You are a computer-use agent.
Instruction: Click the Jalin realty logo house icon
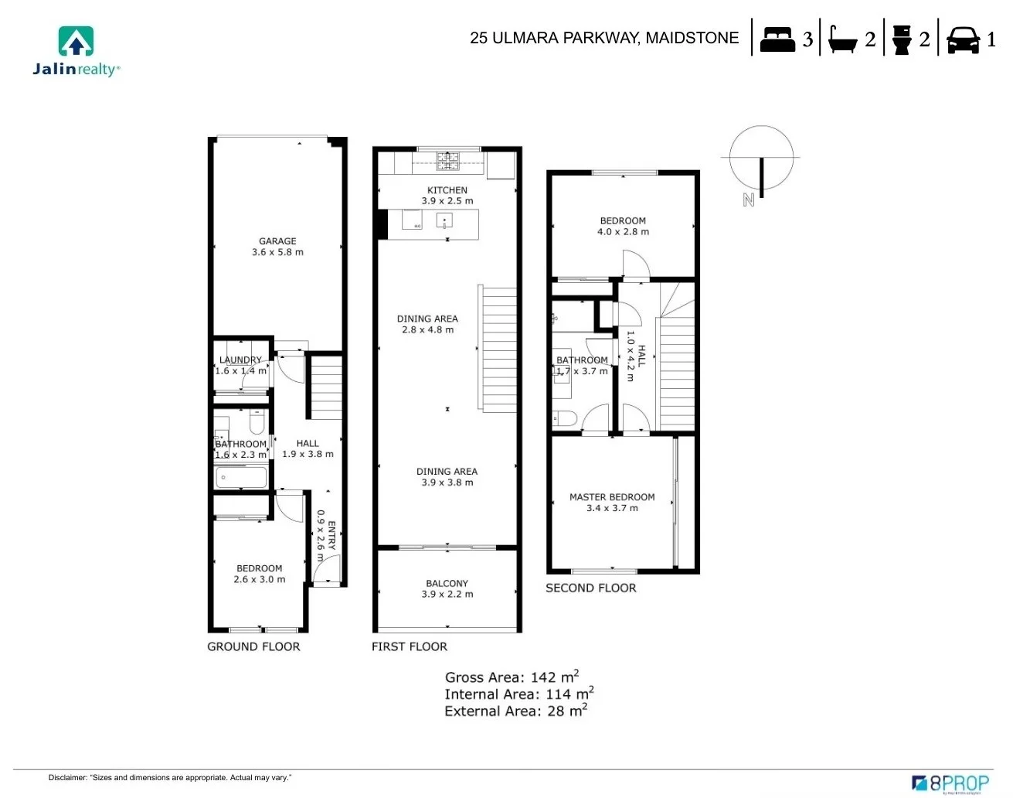point(76,42)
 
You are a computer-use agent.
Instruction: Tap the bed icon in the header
point(777,39)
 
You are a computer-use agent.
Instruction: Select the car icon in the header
point(963,39)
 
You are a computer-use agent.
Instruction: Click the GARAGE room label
point(277,241)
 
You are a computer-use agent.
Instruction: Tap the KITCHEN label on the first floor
point(447,190)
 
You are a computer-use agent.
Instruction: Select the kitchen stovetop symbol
point(447,161)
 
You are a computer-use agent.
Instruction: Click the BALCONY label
point(447,584)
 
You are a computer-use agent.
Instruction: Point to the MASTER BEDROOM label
point(612,497)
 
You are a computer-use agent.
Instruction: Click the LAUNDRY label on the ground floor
point(240,360)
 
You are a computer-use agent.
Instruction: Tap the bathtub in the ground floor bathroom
point(241,477)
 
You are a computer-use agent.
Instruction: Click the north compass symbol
point(761,159)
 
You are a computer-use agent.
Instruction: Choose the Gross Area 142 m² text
point(512,677)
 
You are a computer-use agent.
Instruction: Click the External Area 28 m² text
point(515,711)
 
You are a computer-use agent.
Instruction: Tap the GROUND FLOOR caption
point(253,646)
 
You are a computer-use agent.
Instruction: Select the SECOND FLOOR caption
point(591,588)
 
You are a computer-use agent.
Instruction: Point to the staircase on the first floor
point(498,348)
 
